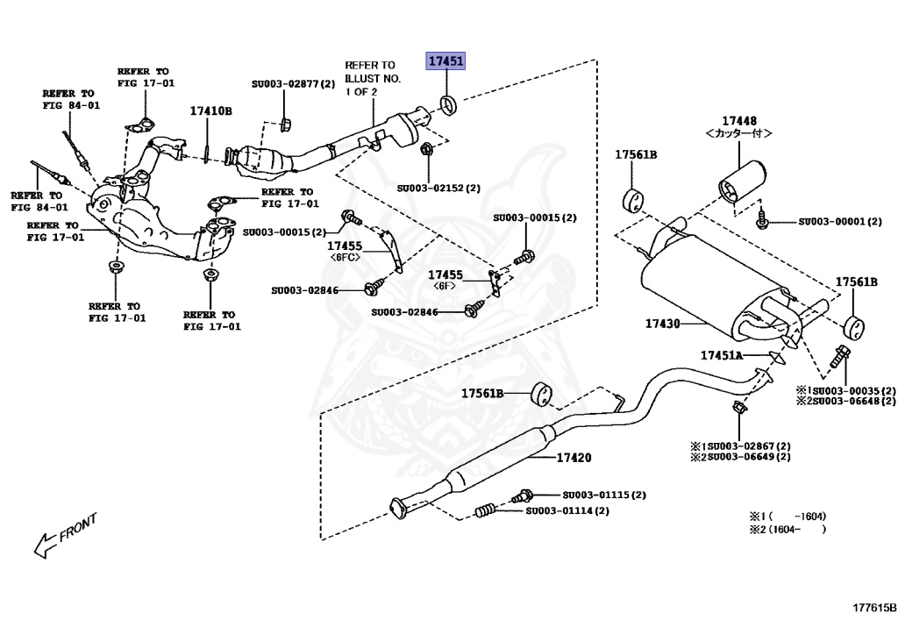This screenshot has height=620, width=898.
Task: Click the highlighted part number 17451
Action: click(446, 61)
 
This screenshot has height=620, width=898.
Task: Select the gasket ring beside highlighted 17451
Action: click(448, 106)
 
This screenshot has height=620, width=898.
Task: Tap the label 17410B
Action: click(210, 111)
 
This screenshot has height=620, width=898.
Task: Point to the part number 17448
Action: click(739, 120)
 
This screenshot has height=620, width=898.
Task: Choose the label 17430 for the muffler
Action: click(663, 324)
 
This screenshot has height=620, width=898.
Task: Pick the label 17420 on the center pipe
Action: click(574, 458)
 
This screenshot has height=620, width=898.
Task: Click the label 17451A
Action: click(721, 355)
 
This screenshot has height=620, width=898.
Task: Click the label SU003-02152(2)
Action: click(438, 188)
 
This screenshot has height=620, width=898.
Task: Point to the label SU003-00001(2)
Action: click(839, 222)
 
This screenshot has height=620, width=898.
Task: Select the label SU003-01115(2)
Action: click(604, 495)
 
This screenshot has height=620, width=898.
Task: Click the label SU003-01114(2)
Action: click(567, 510)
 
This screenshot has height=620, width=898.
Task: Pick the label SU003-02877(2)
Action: click(293, 84)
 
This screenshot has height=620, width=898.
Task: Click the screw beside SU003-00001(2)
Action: click(764, 220)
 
